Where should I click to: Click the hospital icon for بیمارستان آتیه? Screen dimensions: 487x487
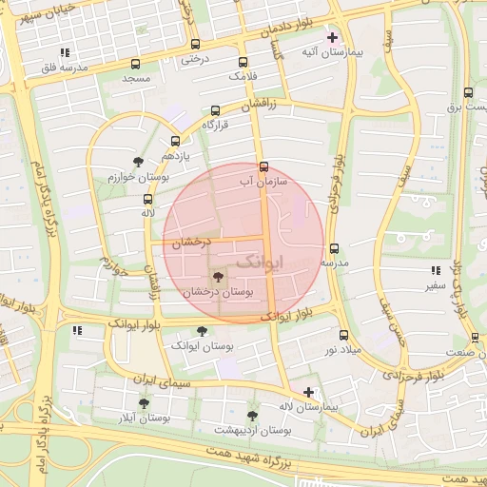click(332, 39)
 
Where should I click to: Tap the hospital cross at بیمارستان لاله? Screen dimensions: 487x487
click(307, 392)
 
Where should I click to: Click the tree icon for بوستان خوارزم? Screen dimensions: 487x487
click(139, 162)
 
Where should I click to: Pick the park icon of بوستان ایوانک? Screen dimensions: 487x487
click(201, 330)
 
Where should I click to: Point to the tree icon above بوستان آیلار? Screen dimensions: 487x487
click(144, 403)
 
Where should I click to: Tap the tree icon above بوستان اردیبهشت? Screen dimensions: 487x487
click(252, 416)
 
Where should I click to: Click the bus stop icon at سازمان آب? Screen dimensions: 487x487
click(263, 166)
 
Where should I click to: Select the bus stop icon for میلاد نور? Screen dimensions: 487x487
click(343, 335)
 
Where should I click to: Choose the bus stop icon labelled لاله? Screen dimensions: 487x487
click(146, 199)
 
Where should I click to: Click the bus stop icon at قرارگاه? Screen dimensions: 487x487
click(215, 110)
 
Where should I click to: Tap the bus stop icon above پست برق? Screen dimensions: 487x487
click(467, 93)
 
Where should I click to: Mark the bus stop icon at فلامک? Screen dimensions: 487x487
click(243, 60)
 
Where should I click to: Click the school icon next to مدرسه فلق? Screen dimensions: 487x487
click(65, 52)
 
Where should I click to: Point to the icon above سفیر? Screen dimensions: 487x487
click(436, 270)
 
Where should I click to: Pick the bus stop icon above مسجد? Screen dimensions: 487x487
click(135, 64)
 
